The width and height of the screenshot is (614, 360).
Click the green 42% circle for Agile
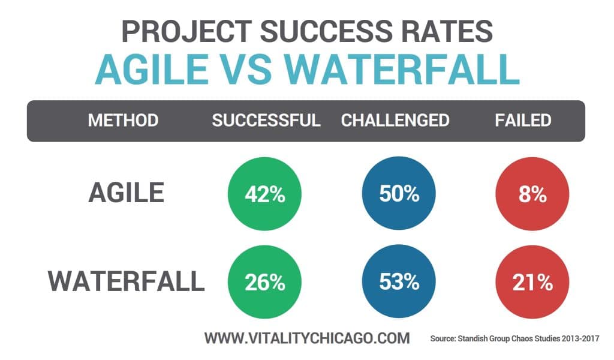264,193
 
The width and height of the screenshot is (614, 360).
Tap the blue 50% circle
399,193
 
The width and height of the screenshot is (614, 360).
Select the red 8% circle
532,193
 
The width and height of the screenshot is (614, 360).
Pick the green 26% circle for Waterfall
264,282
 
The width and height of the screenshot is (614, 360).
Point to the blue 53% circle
399,282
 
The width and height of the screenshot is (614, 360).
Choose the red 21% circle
532,282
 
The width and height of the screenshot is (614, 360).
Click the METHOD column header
123,120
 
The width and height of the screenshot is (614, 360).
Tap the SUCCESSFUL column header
266,120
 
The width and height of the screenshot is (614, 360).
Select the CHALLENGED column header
395,120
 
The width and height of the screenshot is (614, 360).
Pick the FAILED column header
523,120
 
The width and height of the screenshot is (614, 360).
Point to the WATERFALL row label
127,281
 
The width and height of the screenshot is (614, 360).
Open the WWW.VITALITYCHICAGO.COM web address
307,338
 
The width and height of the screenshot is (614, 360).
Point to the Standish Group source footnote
515,339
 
